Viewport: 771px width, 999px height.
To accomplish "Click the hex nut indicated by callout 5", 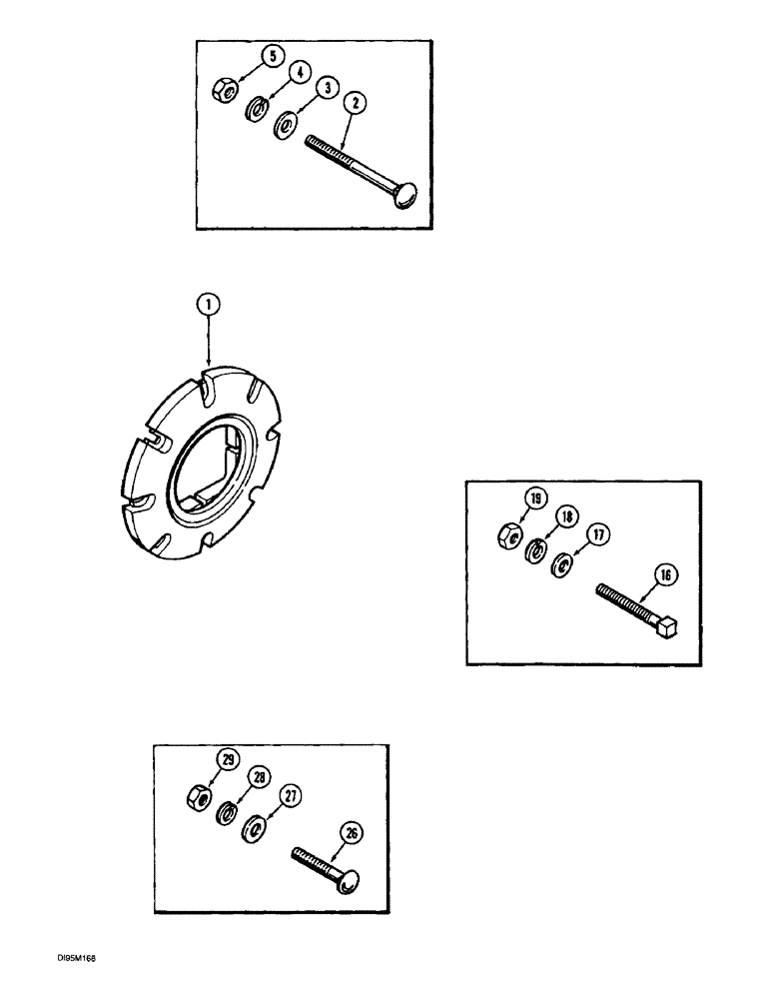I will pos(225,92).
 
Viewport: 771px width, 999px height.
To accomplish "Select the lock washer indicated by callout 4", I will pos(255,108).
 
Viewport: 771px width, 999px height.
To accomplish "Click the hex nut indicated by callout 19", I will pos(507,534).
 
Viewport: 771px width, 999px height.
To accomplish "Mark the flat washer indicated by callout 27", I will pos(256,829).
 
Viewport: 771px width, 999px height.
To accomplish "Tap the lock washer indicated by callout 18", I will pos(535,549).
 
